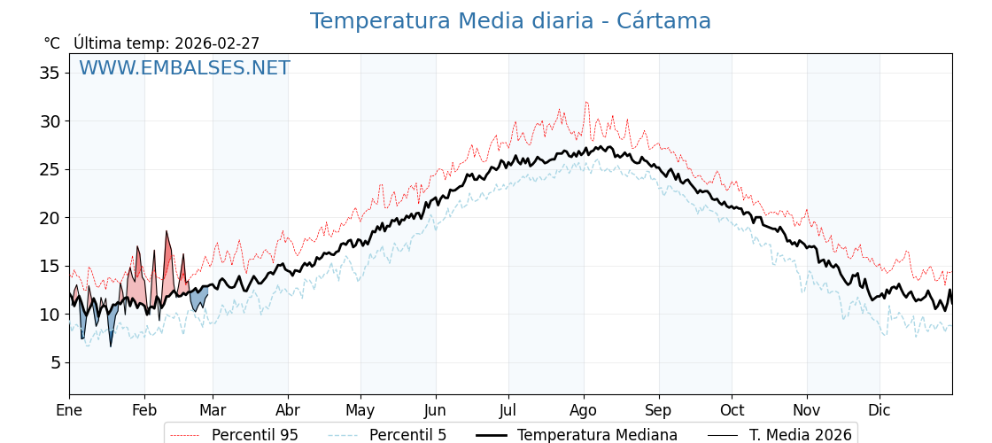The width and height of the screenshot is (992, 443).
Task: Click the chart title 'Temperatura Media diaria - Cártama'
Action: (510, 21)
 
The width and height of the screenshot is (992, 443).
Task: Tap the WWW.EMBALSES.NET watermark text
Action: (184, 68)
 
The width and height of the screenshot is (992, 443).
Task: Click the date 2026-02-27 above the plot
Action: (217, 43)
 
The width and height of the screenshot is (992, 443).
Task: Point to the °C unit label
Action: (51, 43)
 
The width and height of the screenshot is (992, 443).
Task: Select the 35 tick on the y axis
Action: (49, 73)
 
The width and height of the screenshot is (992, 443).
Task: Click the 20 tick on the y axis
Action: (49, 218)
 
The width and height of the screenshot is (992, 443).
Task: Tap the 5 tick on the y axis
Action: (54, 363)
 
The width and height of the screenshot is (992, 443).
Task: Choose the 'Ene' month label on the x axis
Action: (69, 410)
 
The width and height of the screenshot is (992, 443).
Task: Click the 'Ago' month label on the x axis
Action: (584, 410)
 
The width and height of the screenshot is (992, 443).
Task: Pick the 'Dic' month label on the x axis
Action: (880, 410)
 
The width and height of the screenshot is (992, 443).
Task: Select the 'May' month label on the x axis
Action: (360, 410)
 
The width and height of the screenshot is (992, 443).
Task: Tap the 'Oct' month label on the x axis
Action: (732, 410)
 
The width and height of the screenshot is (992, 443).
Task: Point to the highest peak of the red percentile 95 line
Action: (585, 102)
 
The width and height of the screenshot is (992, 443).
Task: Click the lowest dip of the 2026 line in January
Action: (111, 346)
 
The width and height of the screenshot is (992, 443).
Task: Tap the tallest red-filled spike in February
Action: (166, 232)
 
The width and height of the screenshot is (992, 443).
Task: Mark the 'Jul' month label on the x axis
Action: (508, 410)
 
